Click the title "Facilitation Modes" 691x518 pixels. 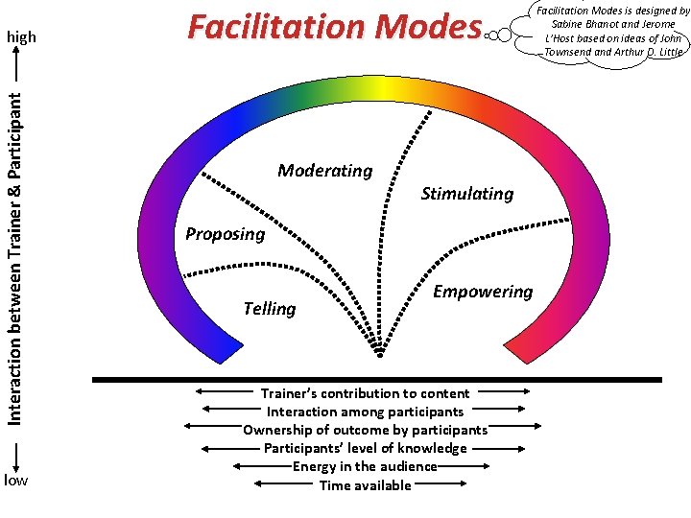pos(333,27)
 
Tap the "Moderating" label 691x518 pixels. pos(324,171)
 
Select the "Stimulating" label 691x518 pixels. pos(467,194)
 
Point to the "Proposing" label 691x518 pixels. pos(225,234)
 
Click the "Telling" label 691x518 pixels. pos(270,308)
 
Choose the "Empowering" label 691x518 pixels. pos(483,292)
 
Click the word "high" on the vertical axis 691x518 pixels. pos(21,37)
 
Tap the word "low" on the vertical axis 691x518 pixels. pos(16,480)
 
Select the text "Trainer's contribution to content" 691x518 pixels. pos(365,393)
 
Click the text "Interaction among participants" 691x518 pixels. pos(365,412)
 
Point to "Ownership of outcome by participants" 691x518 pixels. pos(365,430)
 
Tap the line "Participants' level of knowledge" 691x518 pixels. pos(365,448)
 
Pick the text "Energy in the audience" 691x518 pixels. pos(365,466)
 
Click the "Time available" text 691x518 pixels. pos(365,484)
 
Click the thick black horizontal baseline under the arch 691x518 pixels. pos(376,380)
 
